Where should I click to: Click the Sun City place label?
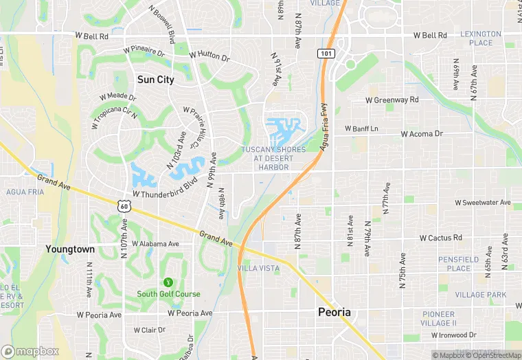coord(155,79)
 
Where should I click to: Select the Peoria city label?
coord(334,312)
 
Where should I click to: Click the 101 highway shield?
coord(325,53)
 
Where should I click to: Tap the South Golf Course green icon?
coord(168,282)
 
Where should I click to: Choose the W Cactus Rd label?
coord(440,238)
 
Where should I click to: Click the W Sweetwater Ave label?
coord(483,203)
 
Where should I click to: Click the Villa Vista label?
coord(258,267)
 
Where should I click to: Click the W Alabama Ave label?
coord(155,244)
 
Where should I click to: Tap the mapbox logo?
coord(30,351)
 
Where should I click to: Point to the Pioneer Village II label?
coord(438,319)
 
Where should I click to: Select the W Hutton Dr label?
coord(209,55)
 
